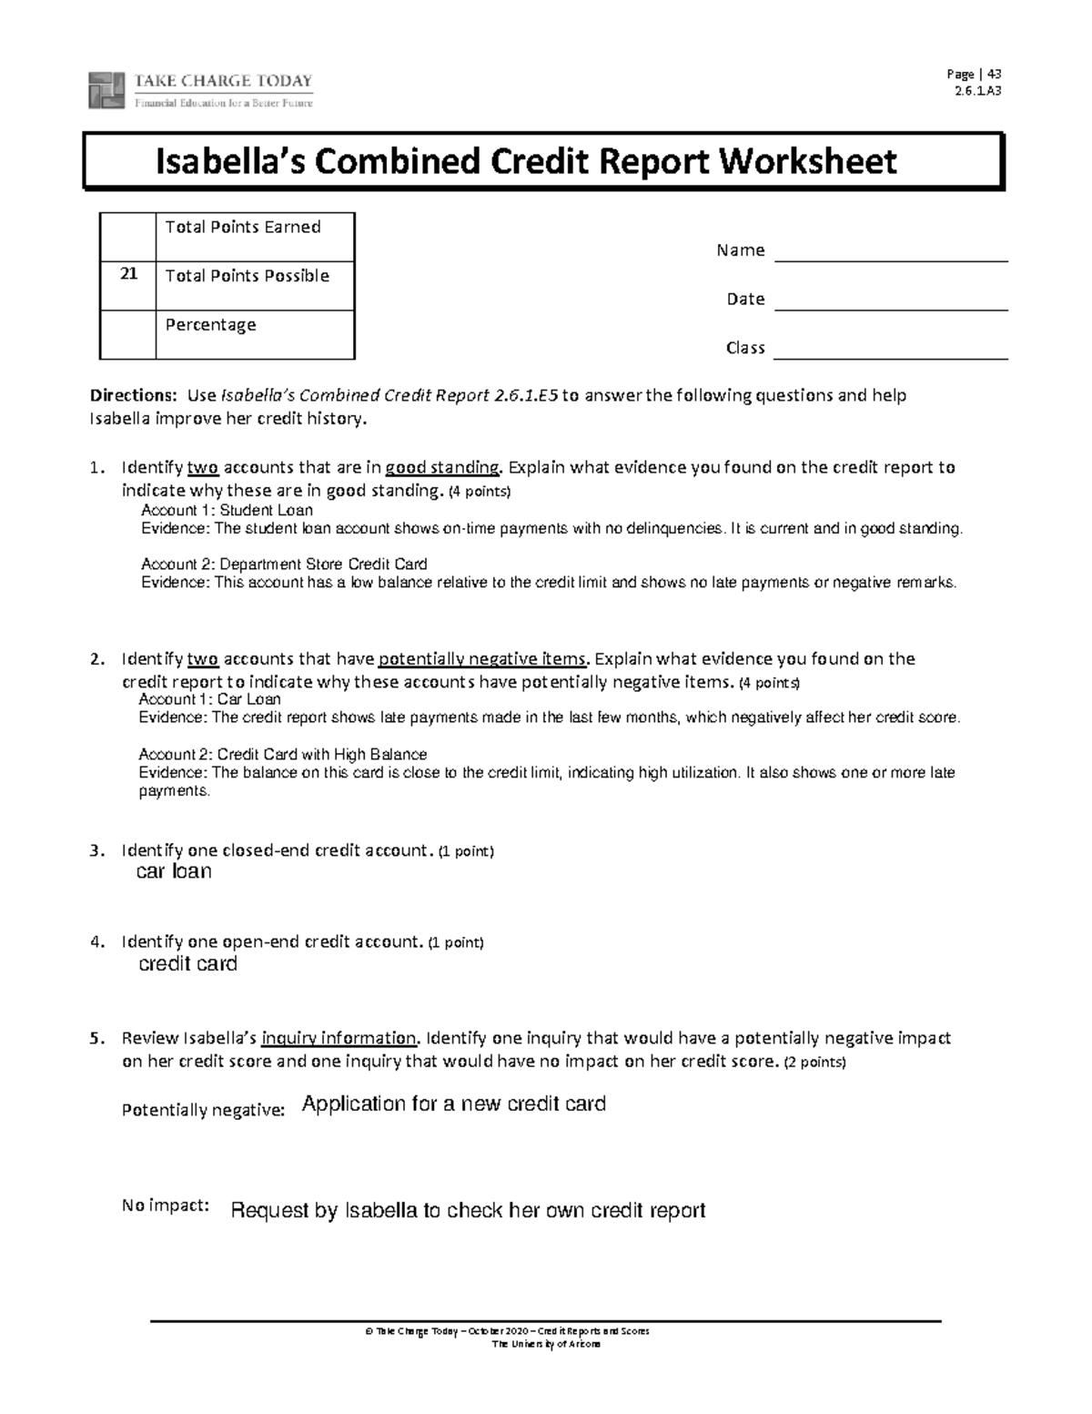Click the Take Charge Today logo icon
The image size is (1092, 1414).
click(106, 90)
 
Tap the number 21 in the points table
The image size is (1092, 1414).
click(127, 273)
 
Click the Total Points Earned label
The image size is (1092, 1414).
click(243, 227)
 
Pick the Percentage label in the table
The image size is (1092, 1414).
click(210, 325)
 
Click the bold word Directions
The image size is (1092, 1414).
click(132, 396)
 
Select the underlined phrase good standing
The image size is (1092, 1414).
click(443, 468)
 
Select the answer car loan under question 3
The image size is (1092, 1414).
click(174, 872)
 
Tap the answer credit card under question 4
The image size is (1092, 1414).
click(187, 964)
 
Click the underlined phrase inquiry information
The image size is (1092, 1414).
click(339, 1038)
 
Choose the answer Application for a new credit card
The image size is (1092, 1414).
click(453, 1104)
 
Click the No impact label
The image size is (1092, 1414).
click(165, 1205)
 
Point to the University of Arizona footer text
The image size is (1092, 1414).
click(546, 1344)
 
